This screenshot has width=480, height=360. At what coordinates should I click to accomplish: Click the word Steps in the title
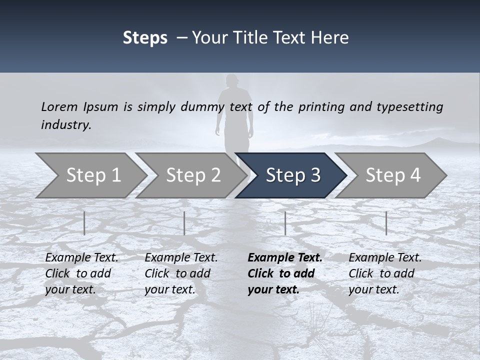[x=145, y=38]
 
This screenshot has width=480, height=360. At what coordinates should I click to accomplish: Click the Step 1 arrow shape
[x=93, y=175]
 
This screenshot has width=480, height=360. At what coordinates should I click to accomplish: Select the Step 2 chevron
[x=193, y=175]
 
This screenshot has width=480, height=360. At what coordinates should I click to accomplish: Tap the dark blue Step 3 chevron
[x=292, y=175]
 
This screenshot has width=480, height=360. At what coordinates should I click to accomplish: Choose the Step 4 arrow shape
[x=392, y=175]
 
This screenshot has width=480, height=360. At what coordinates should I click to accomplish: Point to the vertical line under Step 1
[x=84, y=223]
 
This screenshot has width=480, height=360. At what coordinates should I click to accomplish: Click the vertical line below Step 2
[x=184, y=223]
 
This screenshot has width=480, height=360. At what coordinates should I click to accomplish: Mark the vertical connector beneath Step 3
[x=285, y=223]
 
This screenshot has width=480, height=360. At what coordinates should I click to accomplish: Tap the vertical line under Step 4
[x=386, y=223]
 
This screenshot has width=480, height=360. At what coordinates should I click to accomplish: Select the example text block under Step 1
[x=81, y=273]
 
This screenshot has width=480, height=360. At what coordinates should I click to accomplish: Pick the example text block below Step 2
[x=181, y=273]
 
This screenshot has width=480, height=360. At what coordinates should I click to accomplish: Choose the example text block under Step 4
[x=385, y=273]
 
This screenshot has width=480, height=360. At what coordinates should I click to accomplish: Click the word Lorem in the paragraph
[x=59, y=106]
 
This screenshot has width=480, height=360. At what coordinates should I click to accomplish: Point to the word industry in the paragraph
[x=66, y=124]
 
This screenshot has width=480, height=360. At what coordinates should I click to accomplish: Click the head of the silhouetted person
[x=231, y=81]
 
